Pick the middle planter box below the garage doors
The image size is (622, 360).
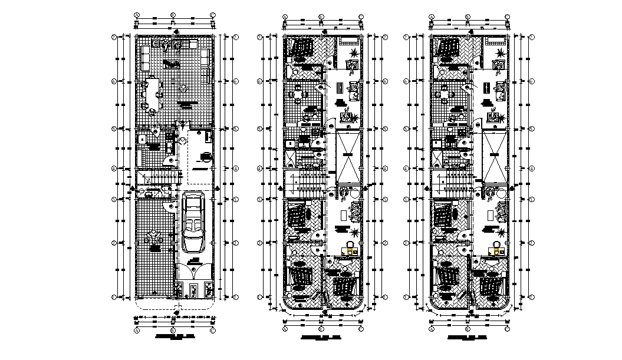click(x=193, y=289)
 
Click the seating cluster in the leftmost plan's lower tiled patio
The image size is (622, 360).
click(x=155, y=237)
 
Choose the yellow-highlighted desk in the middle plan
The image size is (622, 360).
click(x=350, y=251)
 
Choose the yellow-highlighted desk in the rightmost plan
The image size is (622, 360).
click(x=498, y=251)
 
